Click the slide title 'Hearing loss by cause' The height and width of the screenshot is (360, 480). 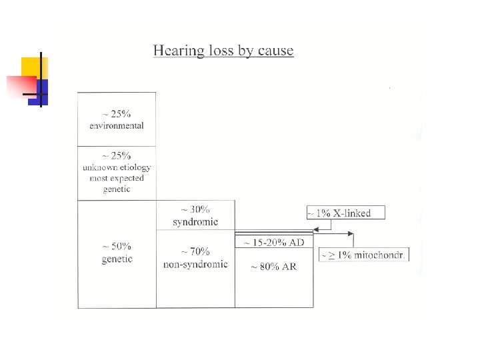click(x=223, y=51)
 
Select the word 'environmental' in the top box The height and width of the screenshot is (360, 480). click(x=117, y=125)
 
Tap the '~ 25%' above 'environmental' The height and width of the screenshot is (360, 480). click(x=117, y=114)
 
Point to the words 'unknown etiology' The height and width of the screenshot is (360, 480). click(x=117, y=167)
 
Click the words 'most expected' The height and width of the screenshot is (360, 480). click(x=117, y=178)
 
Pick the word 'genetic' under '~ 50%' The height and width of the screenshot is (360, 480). click(x=117, y=259)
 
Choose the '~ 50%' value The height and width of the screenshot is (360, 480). click(x=117, y=247)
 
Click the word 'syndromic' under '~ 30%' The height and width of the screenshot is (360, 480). click(x=195, y=222)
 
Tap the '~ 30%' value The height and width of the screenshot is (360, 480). click(x=195, y=210)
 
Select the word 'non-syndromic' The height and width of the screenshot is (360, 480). click(x=195, y=264)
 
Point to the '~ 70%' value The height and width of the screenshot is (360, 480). click(x=195, y=251)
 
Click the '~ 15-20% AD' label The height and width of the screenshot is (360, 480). click(x=274, y=242)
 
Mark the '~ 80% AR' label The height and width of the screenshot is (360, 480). click(x=274, y=267)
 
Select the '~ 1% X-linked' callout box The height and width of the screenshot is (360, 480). click(x=346, y=213)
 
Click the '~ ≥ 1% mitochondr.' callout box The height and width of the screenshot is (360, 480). click(x=363, y=255)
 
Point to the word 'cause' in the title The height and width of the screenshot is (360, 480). click(x=275, y=51)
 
